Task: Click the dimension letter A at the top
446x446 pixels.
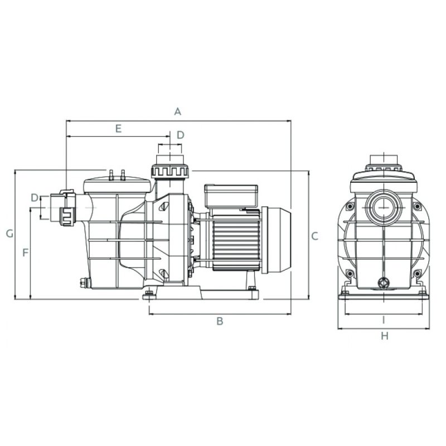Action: [177, 111]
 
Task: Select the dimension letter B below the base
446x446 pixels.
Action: [220, 321]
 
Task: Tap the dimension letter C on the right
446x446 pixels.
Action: [314, 236]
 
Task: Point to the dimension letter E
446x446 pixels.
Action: [118, 129]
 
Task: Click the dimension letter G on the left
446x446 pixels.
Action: [9, 234]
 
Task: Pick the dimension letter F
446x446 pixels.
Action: [26, 253]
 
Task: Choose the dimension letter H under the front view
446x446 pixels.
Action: [384, 336]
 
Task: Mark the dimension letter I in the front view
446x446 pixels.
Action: [384, 320]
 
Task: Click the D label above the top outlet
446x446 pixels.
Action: [180, 135]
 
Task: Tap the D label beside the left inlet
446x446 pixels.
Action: [35, 197]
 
